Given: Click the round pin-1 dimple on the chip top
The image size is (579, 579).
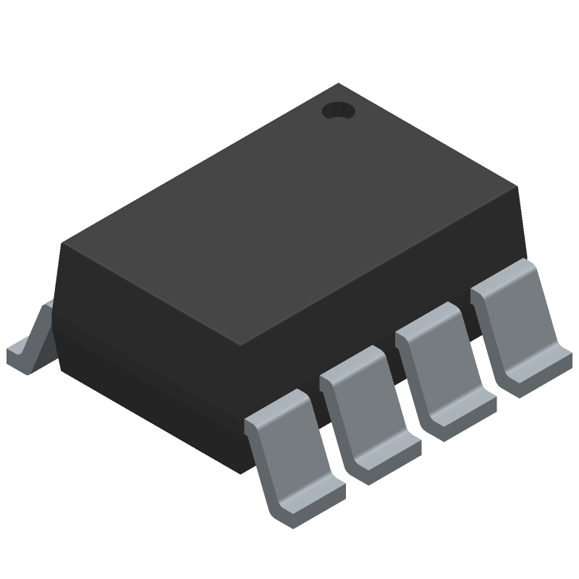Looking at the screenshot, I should click(x=337, y=111).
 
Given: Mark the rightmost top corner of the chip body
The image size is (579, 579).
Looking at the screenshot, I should click(x=520, y=187).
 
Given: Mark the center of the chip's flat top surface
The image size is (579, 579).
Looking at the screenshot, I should click(x=289, y=214).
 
